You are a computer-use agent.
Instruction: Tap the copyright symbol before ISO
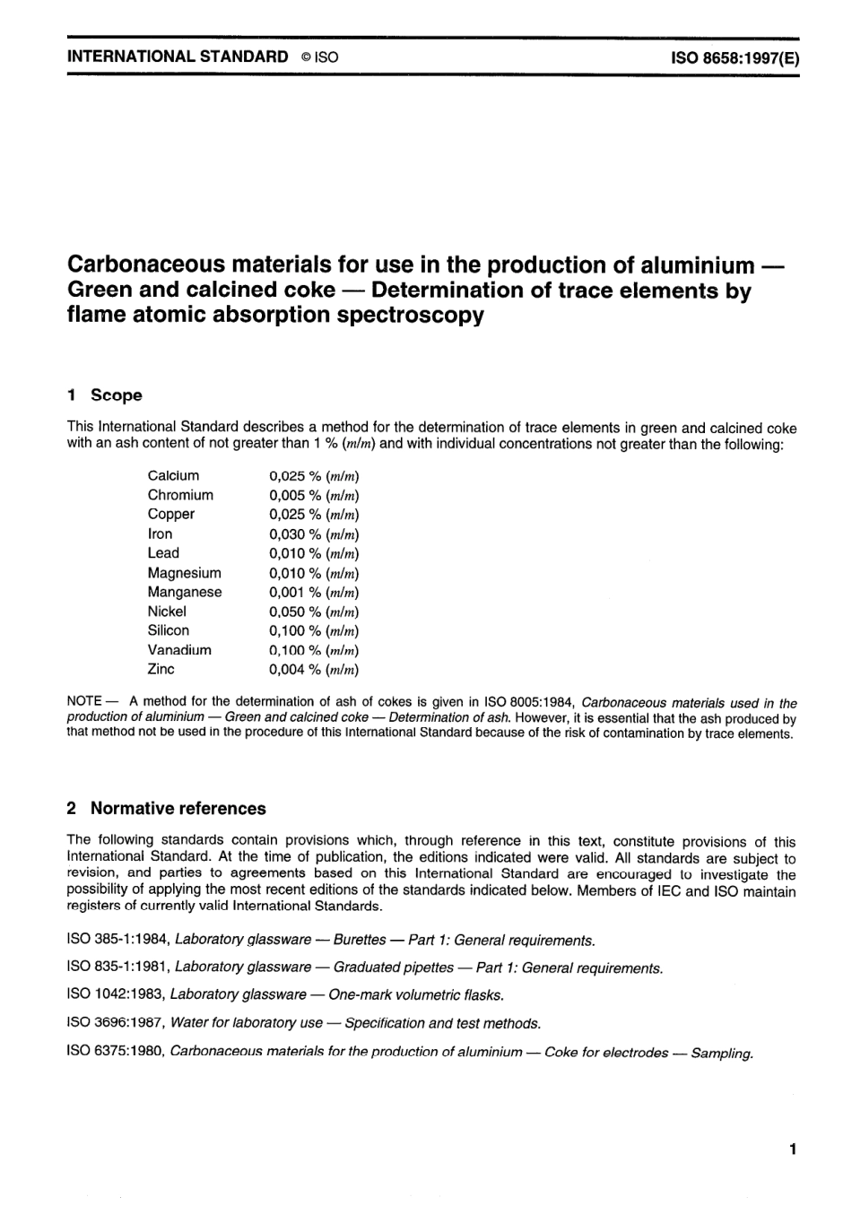tap(306, 56)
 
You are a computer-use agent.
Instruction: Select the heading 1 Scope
tap(105, 395)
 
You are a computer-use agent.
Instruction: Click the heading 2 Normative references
tap(167, 808)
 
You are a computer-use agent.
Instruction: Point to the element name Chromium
tap(180, 495)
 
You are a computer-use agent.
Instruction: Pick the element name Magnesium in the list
tap(184, 573)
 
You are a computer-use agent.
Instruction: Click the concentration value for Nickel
tap(313, 612)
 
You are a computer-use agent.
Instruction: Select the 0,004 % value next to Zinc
tap(313, 670)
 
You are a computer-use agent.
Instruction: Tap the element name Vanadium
tap(179, 650)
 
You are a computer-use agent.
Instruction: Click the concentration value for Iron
tap(313, 534)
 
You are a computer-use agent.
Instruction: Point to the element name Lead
tap(163, 553)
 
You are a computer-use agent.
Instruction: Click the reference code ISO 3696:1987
tap(116, 1023)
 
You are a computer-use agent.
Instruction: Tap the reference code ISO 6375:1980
tap(116, 1052)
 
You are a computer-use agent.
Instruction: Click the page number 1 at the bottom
tap(792, 1149)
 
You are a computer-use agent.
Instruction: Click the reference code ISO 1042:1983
tap(116, 994)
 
